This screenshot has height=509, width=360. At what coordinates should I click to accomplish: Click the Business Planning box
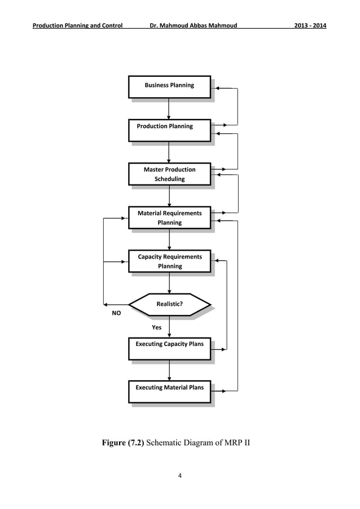[169, 86]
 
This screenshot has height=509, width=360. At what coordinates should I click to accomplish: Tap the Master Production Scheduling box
[169, 174]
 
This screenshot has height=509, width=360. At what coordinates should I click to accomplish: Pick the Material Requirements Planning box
[169, 218]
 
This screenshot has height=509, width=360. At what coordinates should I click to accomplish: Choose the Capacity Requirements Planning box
[169, 261]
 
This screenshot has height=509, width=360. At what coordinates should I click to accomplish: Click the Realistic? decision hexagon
[169, 305]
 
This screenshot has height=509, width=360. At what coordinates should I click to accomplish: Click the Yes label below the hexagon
[156, 327]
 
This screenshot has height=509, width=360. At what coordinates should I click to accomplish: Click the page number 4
[179, 476]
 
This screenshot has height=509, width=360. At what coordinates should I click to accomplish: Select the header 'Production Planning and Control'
[78, 26]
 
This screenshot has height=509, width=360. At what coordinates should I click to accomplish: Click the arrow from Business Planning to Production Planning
[169, 109]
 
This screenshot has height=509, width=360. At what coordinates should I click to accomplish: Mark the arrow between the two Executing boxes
[169, 370]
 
